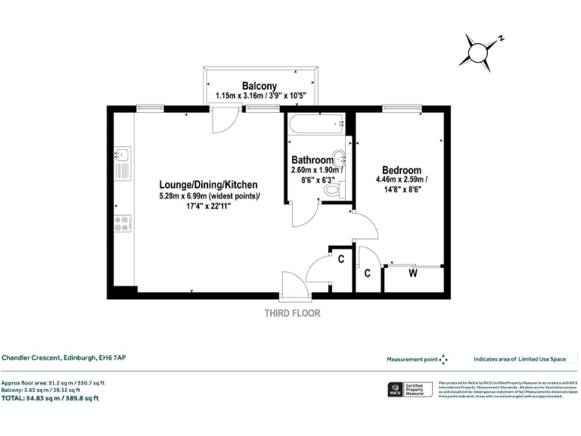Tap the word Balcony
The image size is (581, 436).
(x=259, y=86)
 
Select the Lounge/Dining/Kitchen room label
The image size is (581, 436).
(x=208, y=185)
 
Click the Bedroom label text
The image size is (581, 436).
(x=402, y=170)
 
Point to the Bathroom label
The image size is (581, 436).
(x=312, y=160)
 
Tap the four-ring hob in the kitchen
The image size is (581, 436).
(x=123, y=224)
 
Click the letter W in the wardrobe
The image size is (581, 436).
(x=413, y=273)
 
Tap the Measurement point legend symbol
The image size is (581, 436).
(x=443, y=360)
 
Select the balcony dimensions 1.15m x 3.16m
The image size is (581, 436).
(x=259, y=96)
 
